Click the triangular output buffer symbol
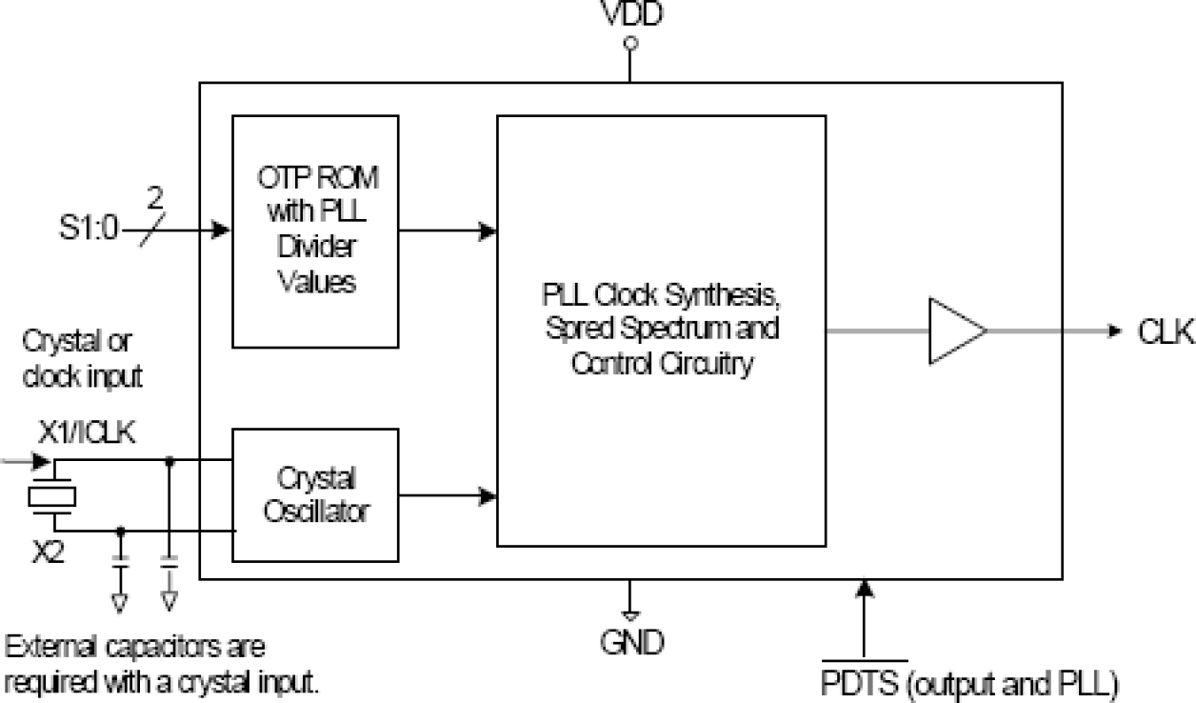click(956, 331)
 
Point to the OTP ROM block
click(316, 231)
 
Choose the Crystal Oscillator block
click(315, 494)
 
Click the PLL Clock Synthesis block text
click(661, 331)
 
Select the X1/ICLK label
click(86, 433)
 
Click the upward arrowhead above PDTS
click(865, 588)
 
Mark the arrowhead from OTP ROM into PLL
click(488, 231)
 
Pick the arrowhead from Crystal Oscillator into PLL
click(488, 494)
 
